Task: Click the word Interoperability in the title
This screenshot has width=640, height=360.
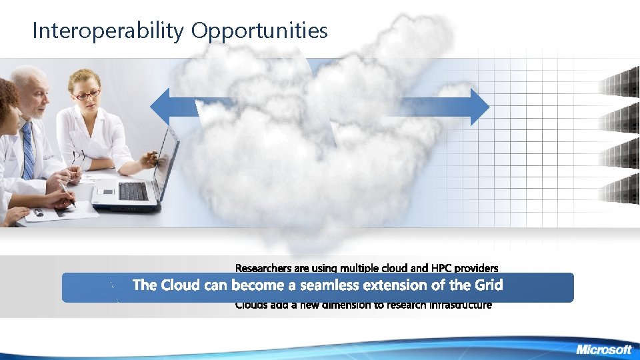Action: (109, 31)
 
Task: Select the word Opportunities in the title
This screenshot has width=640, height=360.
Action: (259, 31)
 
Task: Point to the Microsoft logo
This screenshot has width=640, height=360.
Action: (603, 349)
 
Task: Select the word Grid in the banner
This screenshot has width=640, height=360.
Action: (488, 285)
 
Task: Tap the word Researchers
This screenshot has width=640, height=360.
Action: (263, 268)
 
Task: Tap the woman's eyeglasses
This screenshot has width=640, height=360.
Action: (87, 95)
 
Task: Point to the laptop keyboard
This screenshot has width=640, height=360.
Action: (133, 191)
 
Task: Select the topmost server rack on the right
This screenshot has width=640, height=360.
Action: (619, 85)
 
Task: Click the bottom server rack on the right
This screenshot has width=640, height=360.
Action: (619, 191)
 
